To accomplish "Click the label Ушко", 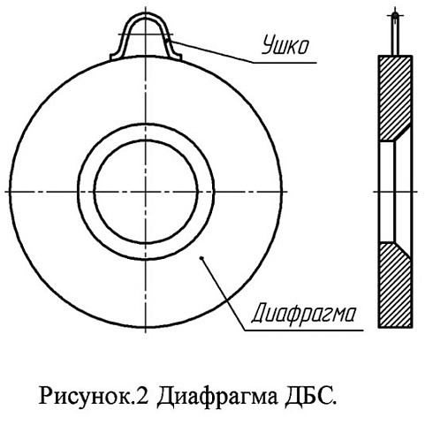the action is [285, 45].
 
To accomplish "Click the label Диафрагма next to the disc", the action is [304, 315].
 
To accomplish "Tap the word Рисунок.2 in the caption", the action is [95, 397].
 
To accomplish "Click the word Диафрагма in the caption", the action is [217, 397].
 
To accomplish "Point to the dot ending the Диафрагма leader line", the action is [201, 258].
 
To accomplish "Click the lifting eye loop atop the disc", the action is [146, 35].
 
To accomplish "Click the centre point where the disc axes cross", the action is [146, 192].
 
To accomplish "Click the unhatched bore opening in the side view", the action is [386, 192].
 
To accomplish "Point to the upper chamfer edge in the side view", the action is [403, 133].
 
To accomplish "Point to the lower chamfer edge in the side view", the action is [403, 250].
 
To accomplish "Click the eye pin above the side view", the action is [395, 34].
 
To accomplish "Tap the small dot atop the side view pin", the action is [395, 15].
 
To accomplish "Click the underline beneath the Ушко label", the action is [285, 63].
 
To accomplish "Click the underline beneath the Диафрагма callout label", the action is [304, 330].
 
